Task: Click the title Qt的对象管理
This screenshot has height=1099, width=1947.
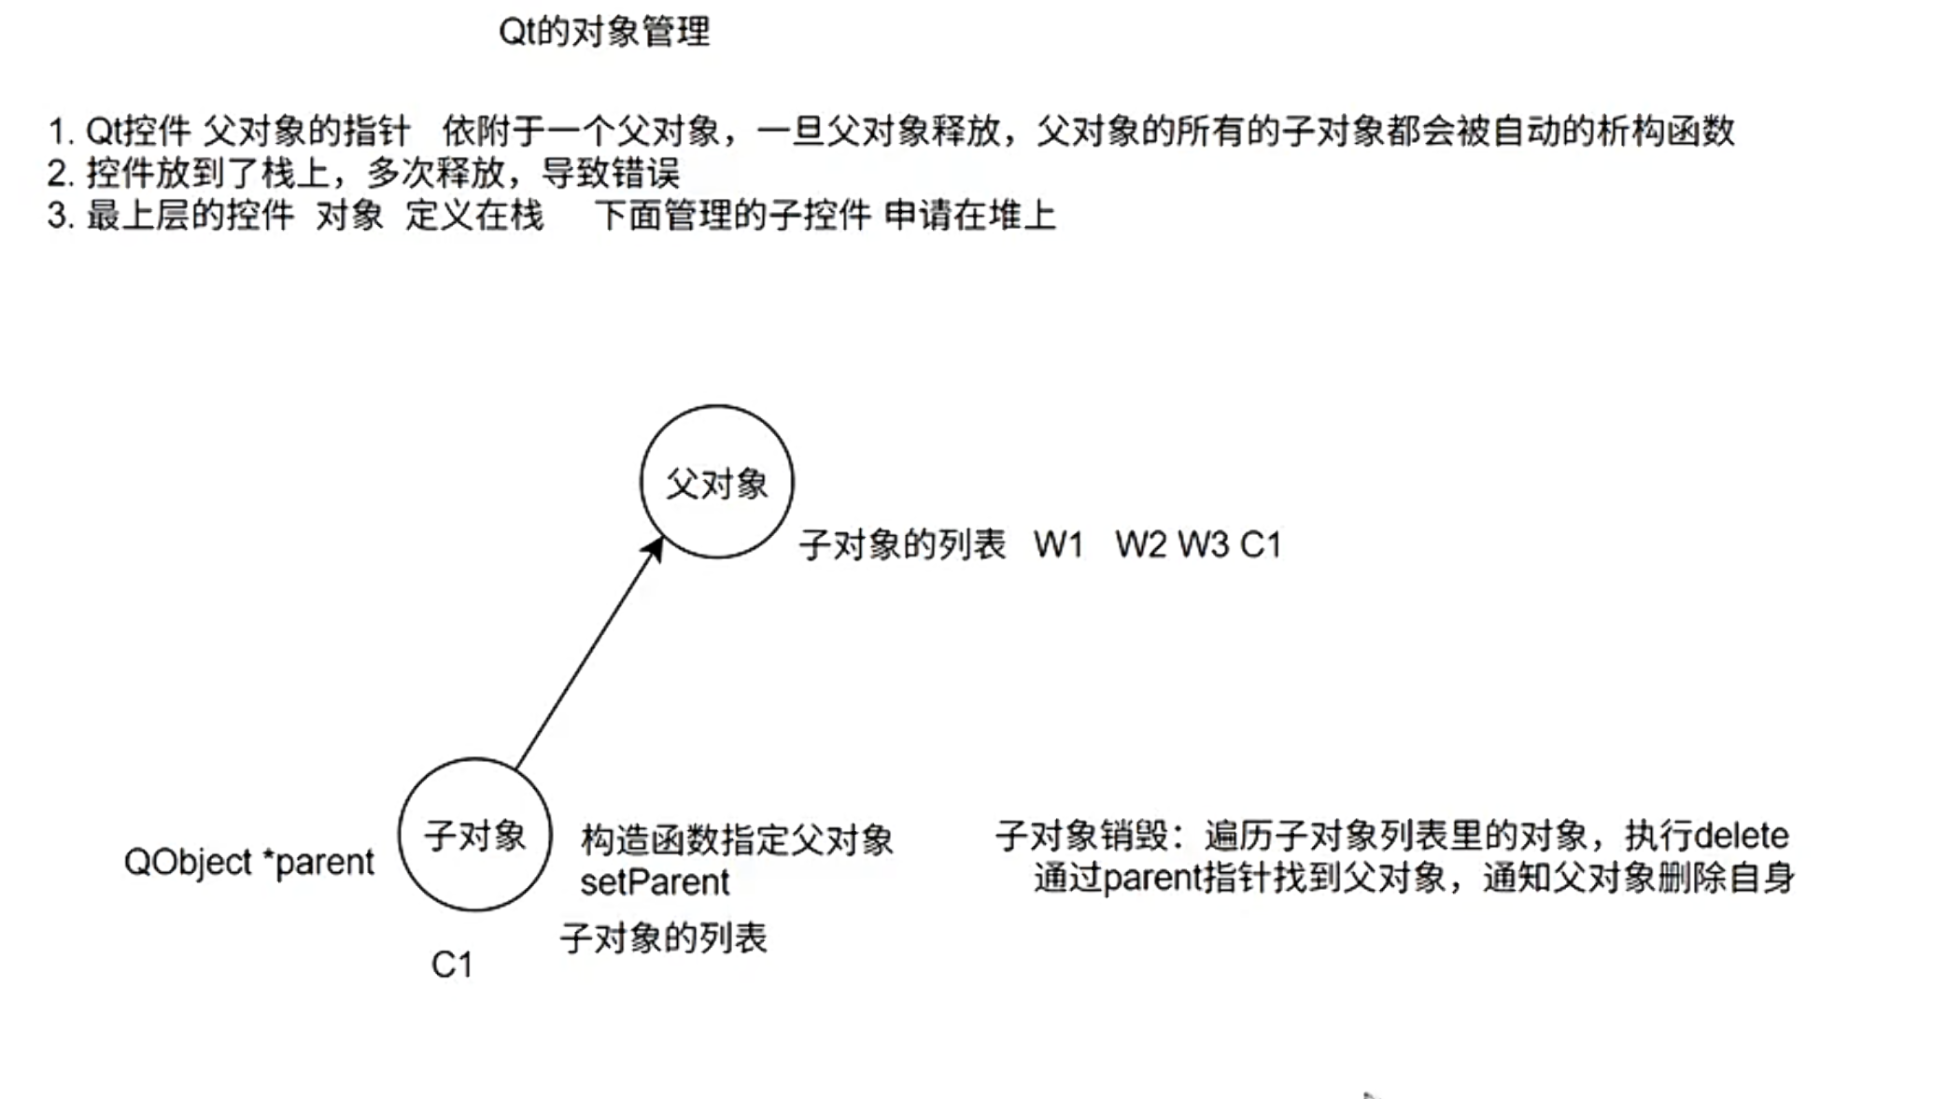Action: click(x=604, y=33)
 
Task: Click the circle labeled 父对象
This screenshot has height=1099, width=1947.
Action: click(x=716, y=482)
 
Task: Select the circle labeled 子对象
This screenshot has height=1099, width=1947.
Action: click(x=474, y=834)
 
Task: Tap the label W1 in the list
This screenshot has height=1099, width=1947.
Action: click(x=1058, y=545)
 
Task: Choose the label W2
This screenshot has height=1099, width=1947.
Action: click(x=1140, y=545)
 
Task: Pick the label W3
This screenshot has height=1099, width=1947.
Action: click(x=1203, y=545)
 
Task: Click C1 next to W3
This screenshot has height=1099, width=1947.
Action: click(x=1261, y=545)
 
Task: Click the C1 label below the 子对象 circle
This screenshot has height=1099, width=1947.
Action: click(x=452, y=965)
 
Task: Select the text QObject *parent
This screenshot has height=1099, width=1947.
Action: click(x=248, y=862)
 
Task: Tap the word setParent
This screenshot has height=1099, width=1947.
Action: click(x=654, y=882)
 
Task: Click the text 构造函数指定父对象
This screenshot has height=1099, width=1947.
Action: click(x=736, y=840)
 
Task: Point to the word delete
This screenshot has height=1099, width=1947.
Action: click(x=1741, y=836)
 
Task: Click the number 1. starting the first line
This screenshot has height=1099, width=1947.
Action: click(x=60, y=132)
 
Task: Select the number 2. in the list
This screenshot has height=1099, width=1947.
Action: click(x=60, y=174)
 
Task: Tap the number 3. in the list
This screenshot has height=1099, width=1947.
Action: click(x=60, y=217)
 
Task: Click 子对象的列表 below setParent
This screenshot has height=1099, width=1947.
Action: click(x=663, y=938)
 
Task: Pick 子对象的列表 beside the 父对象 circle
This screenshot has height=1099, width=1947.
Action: click(x=902, y=545)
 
